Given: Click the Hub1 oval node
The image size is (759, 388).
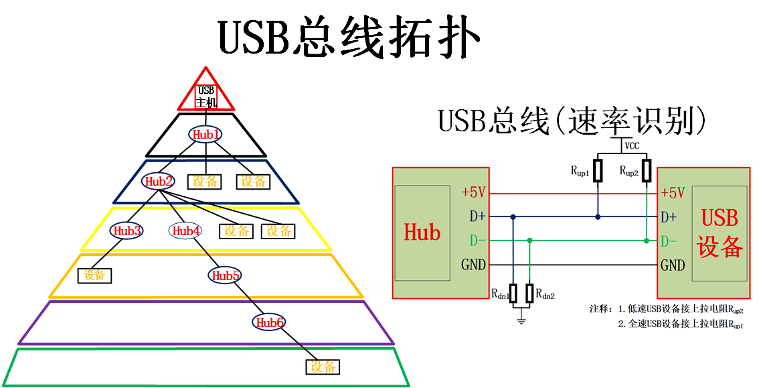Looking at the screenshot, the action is [x=205, y=135].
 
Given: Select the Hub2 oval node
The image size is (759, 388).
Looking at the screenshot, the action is [x=158, y=181].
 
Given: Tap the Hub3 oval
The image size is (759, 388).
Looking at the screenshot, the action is [x=126, y=231].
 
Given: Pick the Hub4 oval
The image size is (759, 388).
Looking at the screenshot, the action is [x=186, y=231].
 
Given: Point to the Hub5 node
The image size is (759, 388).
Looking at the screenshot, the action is [x=226, y=275].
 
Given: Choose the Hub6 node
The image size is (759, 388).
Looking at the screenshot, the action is [x=268, y=322].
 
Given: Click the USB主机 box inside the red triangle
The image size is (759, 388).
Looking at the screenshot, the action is [x=206, y=96].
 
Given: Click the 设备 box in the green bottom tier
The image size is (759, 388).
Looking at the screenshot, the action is [x=323, y=367].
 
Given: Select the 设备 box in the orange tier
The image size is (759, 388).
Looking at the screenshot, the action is [x=95, y=275].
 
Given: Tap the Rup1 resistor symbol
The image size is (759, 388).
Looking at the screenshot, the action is [x=599, y=170].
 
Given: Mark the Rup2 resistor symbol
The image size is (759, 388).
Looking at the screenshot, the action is [x=647, y=170].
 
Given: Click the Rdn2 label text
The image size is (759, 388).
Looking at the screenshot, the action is [x=545, y=294].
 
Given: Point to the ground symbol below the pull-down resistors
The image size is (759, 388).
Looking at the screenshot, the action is [x=521, y=319].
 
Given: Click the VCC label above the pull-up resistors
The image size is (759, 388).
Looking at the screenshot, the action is [x=632, y=145].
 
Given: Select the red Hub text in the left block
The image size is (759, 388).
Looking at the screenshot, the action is [x=422, y=233].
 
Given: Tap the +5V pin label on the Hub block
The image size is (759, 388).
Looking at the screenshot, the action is [x=473, y=192].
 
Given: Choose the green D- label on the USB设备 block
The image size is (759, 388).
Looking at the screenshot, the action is [x=669, y=241].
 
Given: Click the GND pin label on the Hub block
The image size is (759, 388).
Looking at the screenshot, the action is [x=473, y=265].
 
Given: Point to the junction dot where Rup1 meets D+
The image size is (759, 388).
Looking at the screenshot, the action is [x=599, y=216].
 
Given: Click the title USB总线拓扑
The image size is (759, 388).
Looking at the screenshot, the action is [x=349, y=38].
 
